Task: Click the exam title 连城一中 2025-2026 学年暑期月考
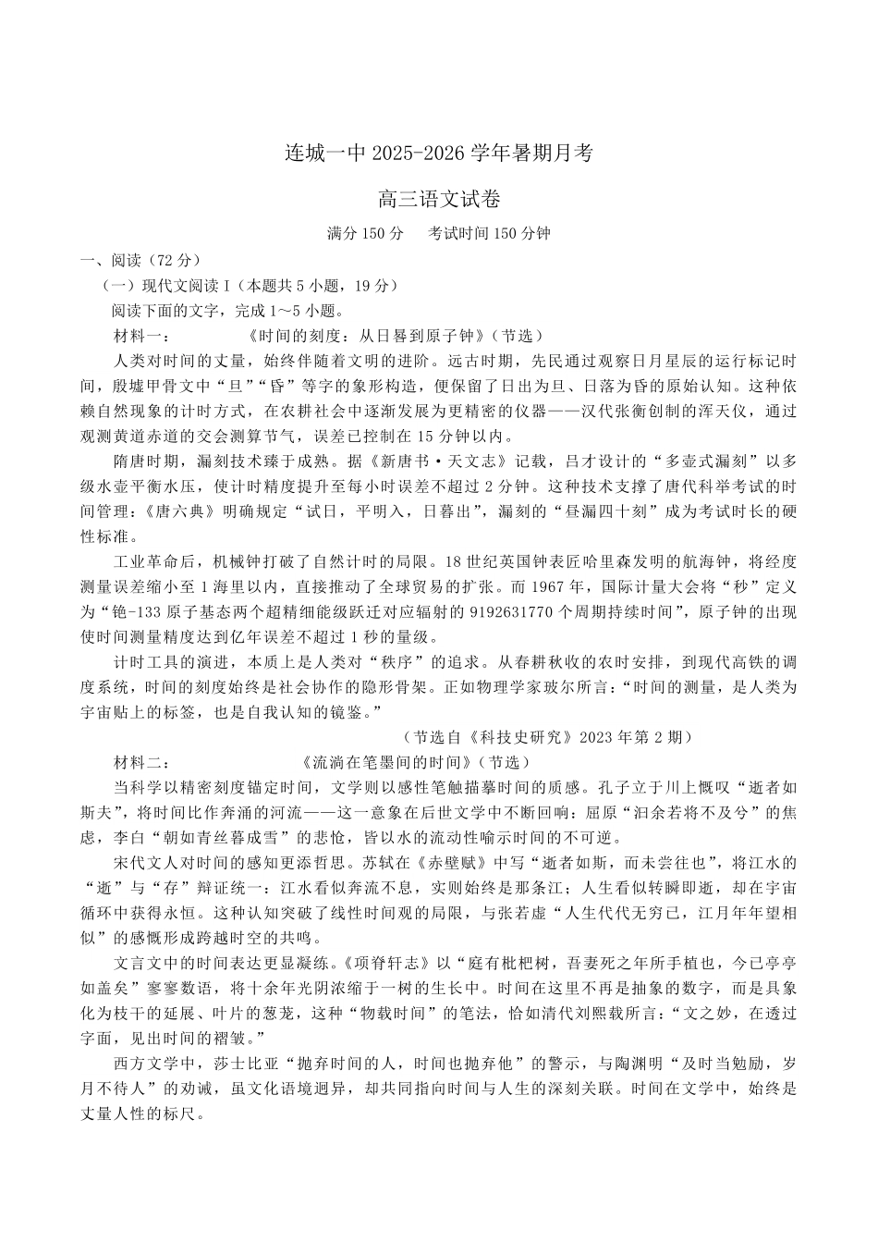coord(438,154)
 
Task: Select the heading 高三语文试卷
coord(439,199)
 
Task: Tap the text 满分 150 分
coord(365,233)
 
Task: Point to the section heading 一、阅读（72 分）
coord(140,260)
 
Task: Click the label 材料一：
coord(140,336)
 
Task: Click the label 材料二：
coord(140,763)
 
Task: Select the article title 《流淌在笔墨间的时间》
coord(392,763)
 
